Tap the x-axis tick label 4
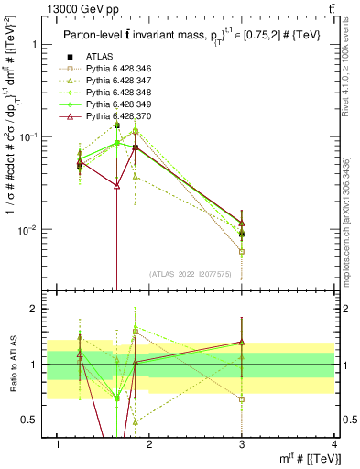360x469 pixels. pos(335,443)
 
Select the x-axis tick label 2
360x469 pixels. pos(151,443)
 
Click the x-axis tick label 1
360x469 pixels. pos(58,443)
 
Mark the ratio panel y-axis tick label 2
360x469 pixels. pos(33,309)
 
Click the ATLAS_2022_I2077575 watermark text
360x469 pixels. pos(191,274)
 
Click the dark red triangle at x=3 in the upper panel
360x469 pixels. pos(242,223)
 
